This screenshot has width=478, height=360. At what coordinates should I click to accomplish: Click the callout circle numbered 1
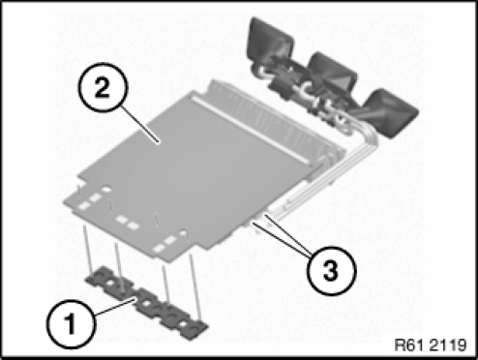click(x=71, y=324)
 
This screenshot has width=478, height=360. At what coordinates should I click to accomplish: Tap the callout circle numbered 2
click(x=104, y=87)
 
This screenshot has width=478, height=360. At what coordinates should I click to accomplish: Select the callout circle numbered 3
click(x=332, y=270)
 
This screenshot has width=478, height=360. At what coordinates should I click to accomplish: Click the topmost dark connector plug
click(x=270, y=41)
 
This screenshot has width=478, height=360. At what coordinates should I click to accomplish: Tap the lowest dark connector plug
click(x=392, y=113)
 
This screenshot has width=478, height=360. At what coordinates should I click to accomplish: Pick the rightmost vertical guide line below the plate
click(x=195, y=286)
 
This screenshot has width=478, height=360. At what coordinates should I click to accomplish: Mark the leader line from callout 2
click(x=139, y=125)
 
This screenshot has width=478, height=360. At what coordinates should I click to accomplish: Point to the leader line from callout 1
click(x=113, y=307)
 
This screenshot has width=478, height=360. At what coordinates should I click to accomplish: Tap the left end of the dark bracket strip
click(x=90, y=280)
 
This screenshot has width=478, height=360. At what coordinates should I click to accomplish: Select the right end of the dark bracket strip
click(x=201, y=329)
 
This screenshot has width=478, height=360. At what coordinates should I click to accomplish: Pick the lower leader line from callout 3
click(x=283, y=239)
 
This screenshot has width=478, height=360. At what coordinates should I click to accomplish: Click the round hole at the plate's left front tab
click(x=105, y=190)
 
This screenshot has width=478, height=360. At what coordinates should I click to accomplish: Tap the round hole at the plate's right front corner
click(x=184, y=232)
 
